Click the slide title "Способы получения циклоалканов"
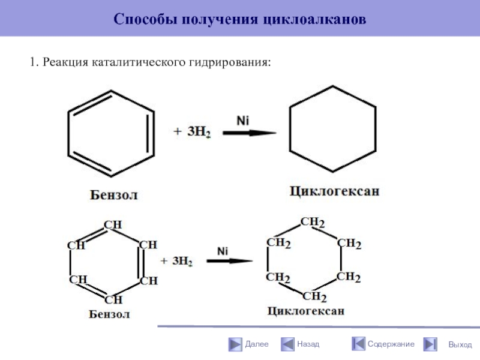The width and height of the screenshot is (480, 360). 239,19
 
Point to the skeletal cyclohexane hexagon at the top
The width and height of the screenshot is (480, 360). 332,129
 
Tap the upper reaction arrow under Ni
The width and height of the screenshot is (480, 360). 250,134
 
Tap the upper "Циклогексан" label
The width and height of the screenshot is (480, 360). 335,192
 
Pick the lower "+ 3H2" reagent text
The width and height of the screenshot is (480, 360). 176,262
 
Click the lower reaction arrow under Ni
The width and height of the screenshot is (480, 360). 229,261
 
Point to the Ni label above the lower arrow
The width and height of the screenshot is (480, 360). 223,250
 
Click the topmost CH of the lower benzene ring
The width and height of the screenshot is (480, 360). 113,225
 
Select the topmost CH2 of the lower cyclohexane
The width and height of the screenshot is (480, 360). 313,223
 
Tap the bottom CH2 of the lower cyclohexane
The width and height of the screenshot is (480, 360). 314,296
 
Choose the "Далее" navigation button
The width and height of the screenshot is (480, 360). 248,344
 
